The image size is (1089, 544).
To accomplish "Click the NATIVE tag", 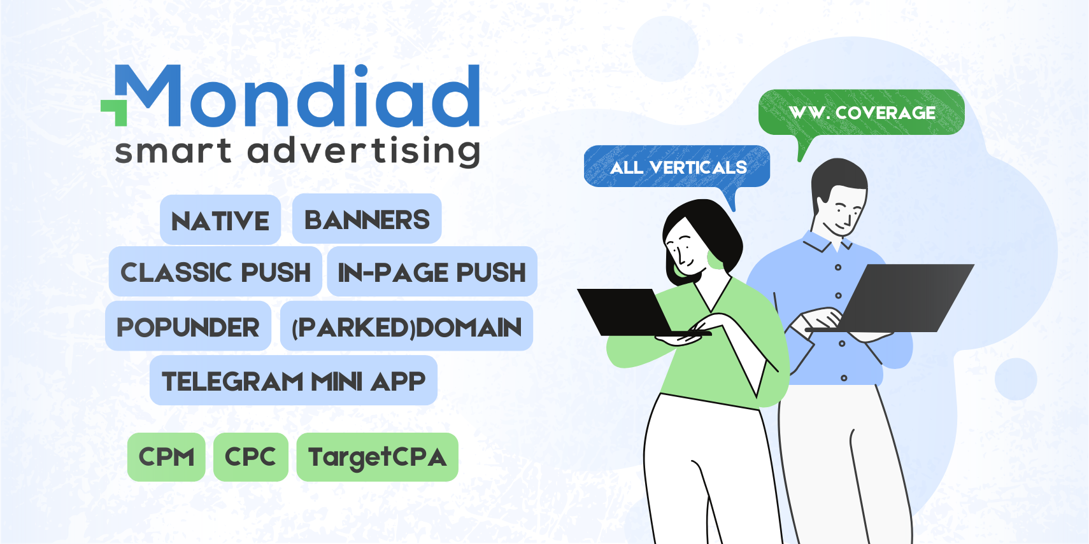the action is coord(220,220).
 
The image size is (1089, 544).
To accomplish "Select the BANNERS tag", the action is coord(367,219).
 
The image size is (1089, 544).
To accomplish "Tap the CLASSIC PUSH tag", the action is coord(215,272).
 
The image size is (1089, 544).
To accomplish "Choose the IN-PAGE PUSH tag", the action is coord(432,272).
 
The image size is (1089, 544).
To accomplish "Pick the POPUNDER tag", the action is coord(188,326).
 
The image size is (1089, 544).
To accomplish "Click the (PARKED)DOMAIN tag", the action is coord(406,326).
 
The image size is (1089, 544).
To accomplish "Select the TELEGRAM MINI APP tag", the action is coord(294,380).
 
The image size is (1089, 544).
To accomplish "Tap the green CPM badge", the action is coord(166,457).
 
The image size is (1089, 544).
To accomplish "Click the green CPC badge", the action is coord(251,457).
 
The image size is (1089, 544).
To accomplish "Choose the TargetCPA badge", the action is coord(377,457).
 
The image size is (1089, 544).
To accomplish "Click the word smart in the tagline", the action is coord(174,151).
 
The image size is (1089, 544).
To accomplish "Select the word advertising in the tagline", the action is coord(364,151).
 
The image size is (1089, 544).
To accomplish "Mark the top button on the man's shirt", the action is coord(837,268).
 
